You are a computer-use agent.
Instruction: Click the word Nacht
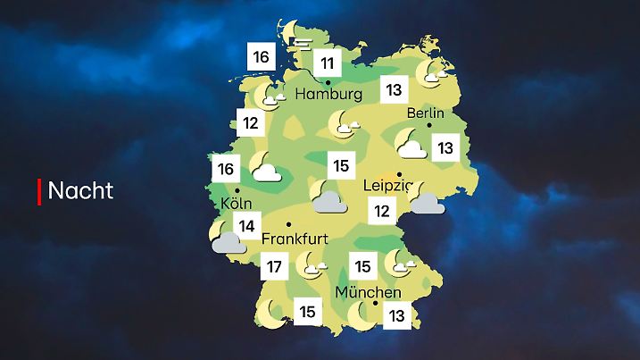tap(80, 191)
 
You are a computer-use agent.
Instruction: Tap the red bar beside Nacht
tap(39, 191)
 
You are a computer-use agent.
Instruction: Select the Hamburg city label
tap(329, 94)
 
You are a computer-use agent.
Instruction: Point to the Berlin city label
tap(426, 113)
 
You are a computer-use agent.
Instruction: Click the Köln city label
tap(232, 204)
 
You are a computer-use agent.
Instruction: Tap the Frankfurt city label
tap(297, 239)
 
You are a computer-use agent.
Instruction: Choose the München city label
tap(368, 292)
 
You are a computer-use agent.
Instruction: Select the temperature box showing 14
tap(247, 227)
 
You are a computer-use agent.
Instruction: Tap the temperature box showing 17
tap(275, 265)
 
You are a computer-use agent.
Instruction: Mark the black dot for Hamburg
tap(328, 82)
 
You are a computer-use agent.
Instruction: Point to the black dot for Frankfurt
tap(288, 224)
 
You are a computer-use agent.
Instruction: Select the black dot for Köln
tap(237, 190)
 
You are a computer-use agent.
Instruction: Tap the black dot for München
tap(376, 304)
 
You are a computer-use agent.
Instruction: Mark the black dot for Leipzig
tap(399, 174)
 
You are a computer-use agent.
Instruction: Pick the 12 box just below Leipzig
tap(382, 211)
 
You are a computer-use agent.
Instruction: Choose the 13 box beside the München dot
tap(396, 314)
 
